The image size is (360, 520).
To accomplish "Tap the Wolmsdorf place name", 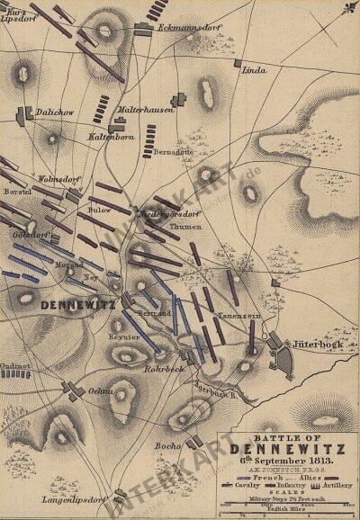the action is point(57,178).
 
